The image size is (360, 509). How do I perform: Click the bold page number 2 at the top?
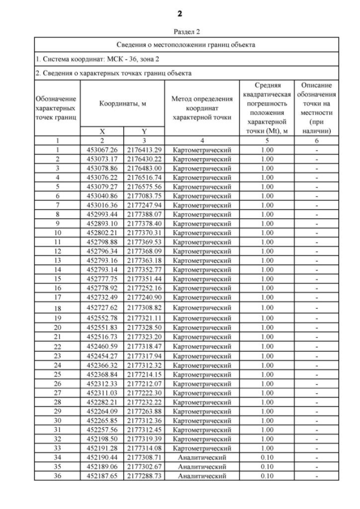click(179, 13)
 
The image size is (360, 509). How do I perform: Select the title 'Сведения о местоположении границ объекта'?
click(186, 44)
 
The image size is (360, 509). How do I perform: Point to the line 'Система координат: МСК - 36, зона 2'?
click(98, 58)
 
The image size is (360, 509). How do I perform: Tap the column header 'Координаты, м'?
click(123, 104)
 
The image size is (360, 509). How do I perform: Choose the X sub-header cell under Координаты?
click(102, 131)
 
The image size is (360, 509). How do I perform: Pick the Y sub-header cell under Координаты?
click(144, 131)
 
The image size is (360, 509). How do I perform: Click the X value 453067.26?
click(102, 150)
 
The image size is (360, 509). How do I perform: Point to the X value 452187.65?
click(102, 476)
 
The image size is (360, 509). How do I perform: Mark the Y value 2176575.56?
click(144, 187)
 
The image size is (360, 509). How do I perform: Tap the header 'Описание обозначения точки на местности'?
click(316, 107)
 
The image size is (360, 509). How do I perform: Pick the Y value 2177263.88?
click(144, 411)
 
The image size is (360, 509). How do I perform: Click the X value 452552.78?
click(102, 318)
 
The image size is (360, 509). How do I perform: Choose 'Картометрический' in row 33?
click(201, 448)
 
